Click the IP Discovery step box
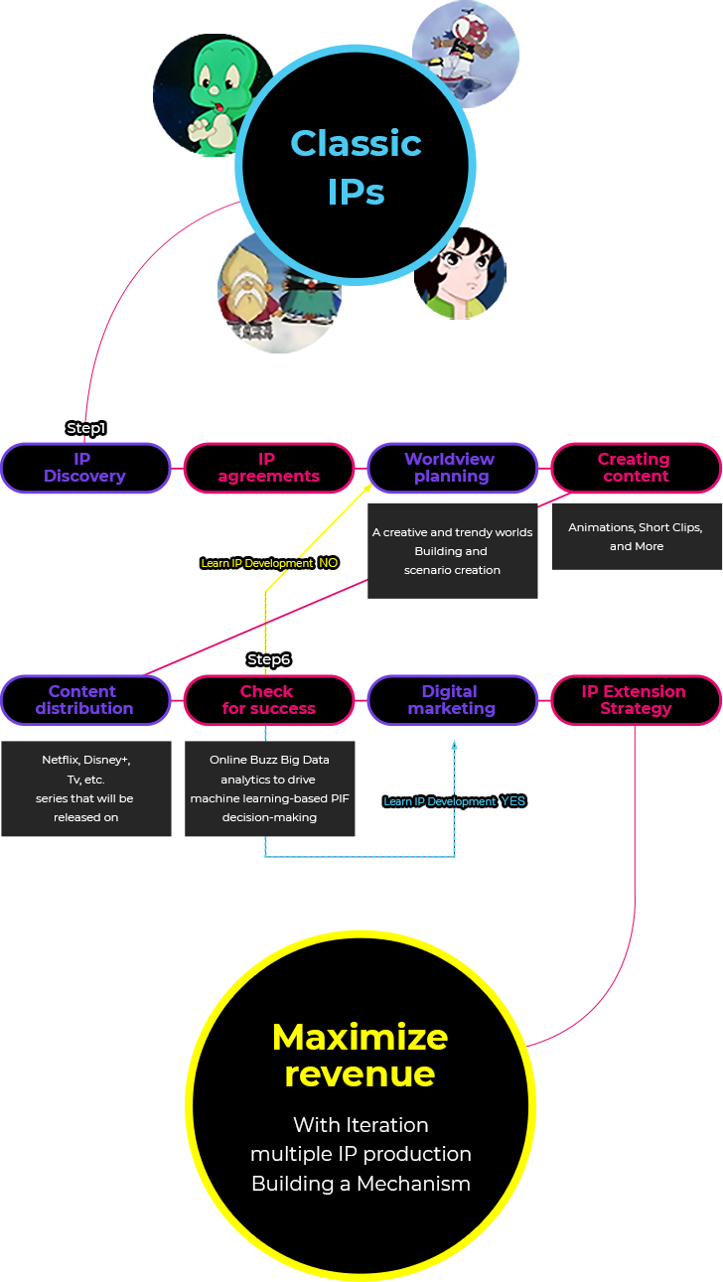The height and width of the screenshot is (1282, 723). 85,468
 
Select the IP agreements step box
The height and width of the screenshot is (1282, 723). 269,468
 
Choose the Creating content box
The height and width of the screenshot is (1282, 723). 636,468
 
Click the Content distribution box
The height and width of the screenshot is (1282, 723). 85,700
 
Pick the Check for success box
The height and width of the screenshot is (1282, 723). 269,700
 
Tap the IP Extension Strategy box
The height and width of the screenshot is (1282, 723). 636,700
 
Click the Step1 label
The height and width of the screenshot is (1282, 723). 86,428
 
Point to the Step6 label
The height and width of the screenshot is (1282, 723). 269,659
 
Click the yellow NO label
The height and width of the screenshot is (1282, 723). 329,563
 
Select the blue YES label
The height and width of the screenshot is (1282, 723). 513,801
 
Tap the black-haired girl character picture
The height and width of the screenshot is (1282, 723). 460,274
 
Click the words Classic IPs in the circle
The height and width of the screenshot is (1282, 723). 357,167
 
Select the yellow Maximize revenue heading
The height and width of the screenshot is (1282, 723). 360,1056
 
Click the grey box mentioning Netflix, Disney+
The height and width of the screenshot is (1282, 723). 86,788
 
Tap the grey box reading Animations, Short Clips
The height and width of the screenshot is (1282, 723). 637,536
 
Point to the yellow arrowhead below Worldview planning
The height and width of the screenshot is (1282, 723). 367,488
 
